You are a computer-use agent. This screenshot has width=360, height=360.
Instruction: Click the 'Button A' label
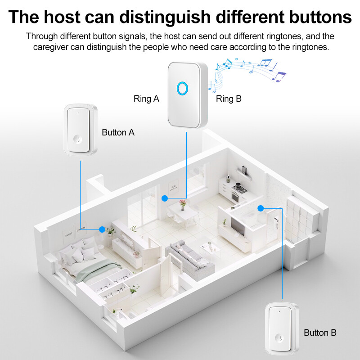click(118, 132)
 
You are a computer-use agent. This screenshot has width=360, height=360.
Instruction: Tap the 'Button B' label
click(320, 333)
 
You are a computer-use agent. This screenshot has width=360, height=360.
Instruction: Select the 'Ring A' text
click(146, 99)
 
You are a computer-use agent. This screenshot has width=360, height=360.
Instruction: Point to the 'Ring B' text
click(229, 99)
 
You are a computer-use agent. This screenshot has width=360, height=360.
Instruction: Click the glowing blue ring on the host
click(183, 88)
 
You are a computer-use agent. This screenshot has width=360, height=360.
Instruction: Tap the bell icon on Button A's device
click(78, 139)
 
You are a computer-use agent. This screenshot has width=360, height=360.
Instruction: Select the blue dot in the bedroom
click(102, 229)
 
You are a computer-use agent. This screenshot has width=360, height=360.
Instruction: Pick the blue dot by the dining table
click(165, 198)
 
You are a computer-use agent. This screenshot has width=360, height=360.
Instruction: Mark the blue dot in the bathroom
click(261, 208)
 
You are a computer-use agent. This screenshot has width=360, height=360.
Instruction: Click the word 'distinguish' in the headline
click(165, 17)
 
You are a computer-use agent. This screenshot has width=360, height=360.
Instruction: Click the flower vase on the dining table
click(183, 205)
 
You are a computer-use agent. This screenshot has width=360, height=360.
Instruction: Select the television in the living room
click(238, 226)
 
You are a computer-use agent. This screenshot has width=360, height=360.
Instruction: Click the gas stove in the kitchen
click(240, 188)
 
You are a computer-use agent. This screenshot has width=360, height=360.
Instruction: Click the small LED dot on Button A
click(78, 113)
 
